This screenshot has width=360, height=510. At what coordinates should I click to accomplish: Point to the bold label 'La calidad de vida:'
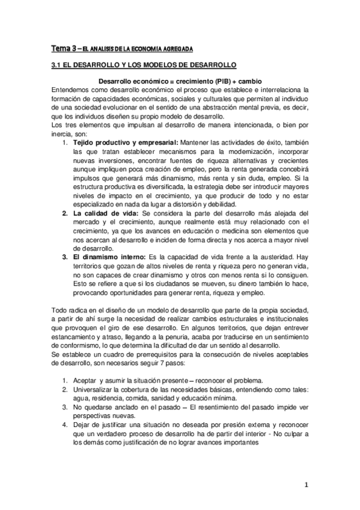[104, 214]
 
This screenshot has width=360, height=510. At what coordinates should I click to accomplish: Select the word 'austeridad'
[286, 257]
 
